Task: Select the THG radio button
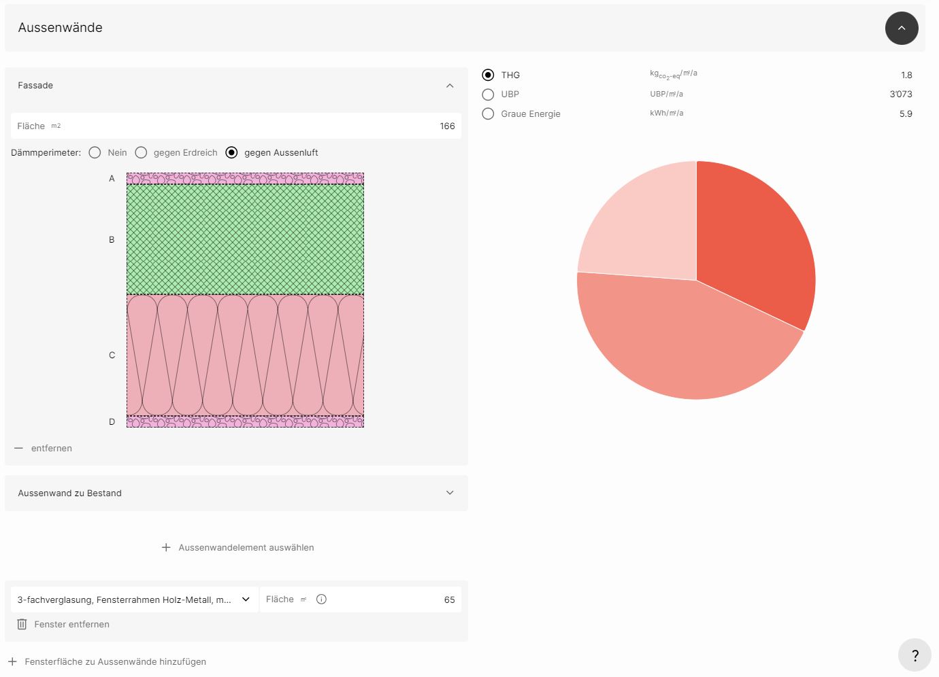(488, 75)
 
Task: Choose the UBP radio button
(488, 94)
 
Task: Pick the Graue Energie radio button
(488, 114)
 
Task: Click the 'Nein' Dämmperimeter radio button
(95, 152)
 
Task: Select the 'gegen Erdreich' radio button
(141, 152)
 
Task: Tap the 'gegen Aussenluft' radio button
(231, 152)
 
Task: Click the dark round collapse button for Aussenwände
(902, 28)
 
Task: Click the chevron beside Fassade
(450, 86)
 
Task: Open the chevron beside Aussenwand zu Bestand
(450, 493)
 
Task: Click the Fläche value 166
(447, 126)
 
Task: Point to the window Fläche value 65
(449, 600)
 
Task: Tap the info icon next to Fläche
(322, 599)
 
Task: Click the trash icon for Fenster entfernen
(22, 624)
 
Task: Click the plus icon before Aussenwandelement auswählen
(166, 547)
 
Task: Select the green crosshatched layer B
(245, 239)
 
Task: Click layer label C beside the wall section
(112, 355)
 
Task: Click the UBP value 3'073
(901, 94)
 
